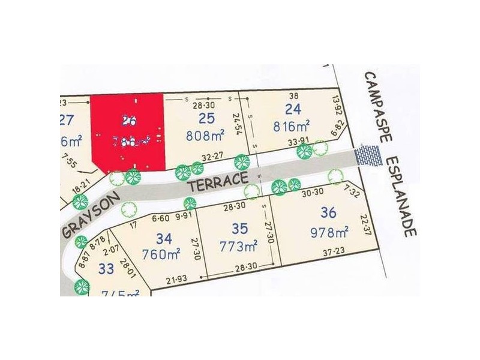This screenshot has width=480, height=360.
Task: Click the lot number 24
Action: click(x=293, y=109)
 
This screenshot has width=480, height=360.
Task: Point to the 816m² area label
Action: click(x=292, y=126)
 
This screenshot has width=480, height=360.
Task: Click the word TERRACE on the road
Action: click(x=217, y=182)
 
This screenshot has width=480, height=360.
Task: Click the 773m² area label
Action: click(x=239, y=245)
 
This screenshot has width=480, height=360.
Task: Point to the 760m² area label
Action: click(x=163, y=253)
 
